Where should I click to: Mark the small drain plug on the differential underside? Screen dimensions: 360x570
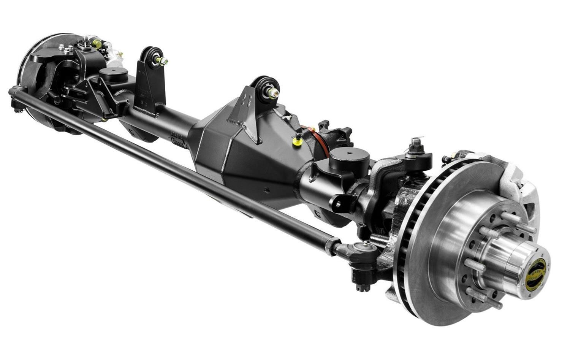pyautogui.click(x=267, y=189)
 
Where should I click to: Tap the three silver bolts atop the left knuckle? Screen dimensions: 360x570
pyautogui.click(x=66, y=49)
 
